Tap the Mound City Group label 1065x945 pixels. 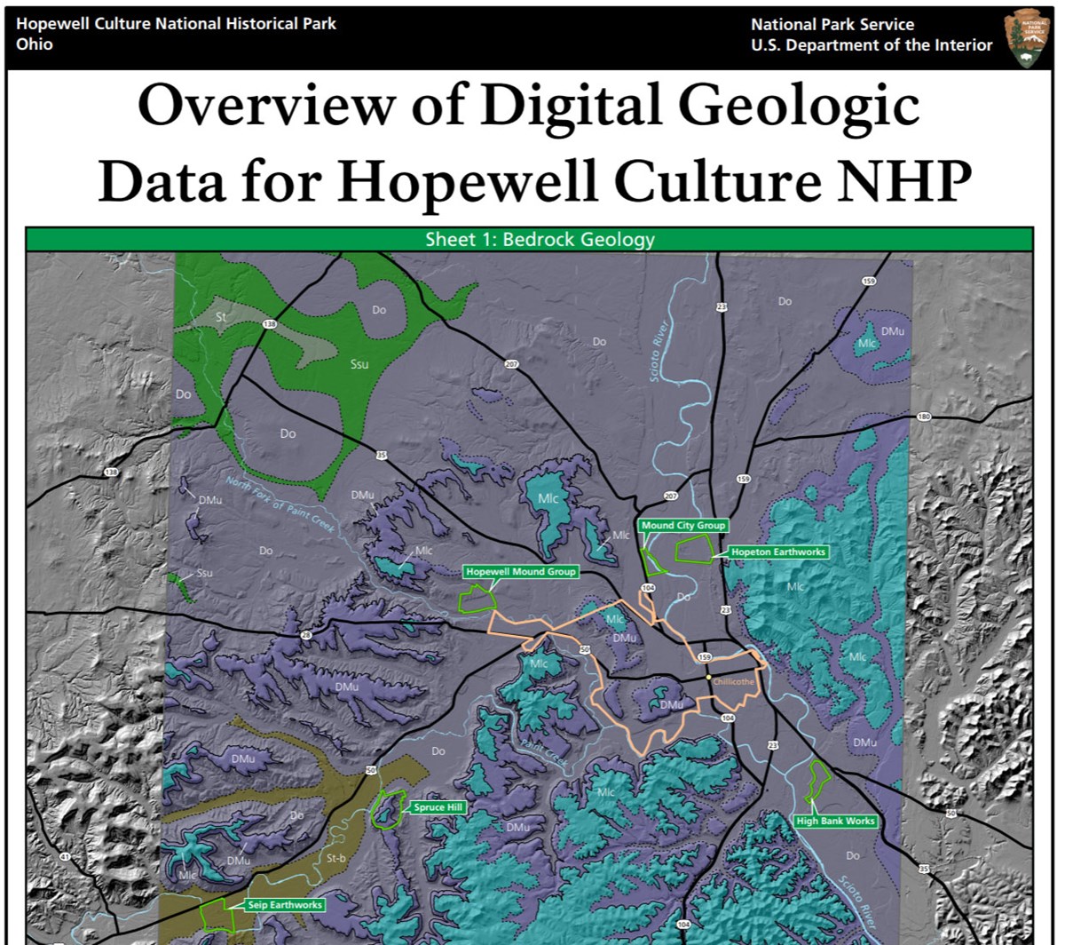(x=682, y=526)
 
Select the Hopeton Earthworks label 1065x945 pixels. (x=777, y=552)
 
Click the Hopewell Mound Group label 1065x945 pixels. (x=521, y=572)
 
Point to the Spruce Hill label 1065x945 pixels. (x=438, y=807)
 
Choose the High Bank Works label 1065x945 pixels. (x=835, y=821)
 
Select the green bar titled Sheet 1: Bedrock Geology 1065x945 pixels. (x=530, y=240)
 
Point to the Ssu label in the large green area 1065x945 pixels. (x=359, y=364)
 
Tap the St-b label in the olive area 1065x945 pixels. (x=335, y=858)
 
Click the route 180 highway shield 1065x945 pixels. (x=924, y=417)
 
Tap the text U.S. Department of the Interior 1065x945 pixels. (x=872, y=45)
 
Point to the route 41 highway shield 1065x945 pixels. (x=64, y=857)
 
